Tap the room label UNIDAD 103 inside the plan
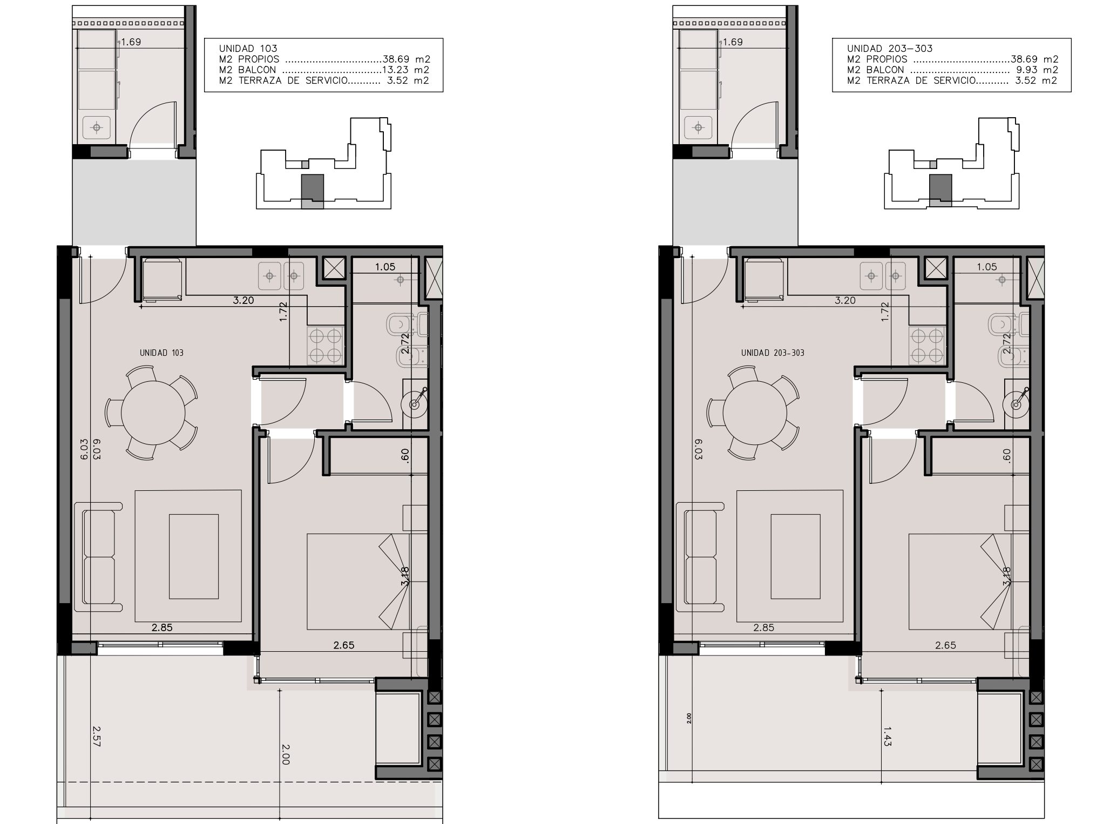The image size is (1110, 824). pyautogui.click(x=161, y=353)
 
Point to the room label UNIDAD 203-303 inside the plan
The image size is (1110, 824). pyautogui.click(x=773, y=353)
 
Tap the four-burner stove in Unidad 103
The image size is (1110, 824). pyautogui.click(x=326, y=346)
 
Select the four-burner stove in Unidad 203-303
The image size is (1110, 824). pyautogui.click(x=927, y=346)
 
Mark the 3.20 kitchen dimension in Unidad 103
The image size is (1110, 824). pyautogui.click(x=243, y=300)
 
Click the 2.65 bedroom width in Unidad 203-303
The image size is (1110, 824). pyautogui.click(x=945, y=645)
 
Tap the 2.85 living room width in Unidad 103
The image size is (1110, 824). pyautogui.click(x=162, y=627)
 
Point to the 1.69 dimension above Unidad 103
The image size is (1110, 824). pyautogui.click(x=131, y=42)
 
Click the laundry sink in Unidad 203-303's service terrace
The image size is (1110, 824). pyautogui.click(x=698, y=128)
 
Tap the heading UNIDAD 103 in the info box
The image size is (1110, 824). pyautogui.click(x=248, y=48)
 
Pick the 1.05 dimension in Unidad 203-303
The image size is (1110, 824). pyautogui.click(x=987, y=267)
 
